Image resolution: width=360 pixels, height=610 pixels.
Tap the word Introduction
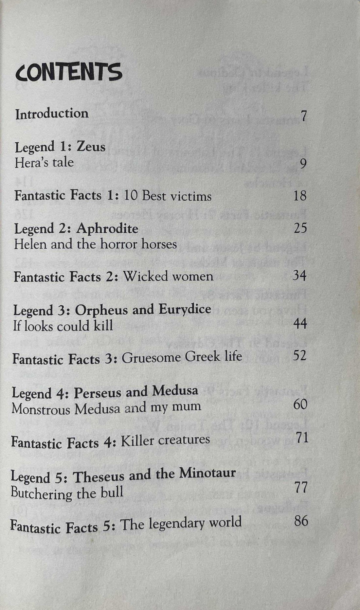(52, 114)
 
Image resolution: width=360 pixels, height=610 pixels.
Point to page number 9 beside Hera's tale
(303, 164)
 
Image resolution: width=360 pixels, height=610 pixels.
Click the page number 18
(300, 195)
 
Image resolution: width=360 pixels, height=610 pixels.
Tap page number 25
(300, 228)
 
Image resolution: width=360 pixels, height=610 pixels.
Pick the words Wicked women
(168, 277)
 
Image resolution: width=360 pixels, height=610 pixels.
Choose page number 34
(299, 276)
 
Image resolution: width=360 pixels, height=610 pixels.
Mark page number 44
(300, 324)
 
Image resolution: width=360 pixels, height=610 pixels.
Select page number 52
(299, 355)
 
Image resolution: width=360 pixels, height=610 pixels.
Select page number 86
(301, 520)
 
